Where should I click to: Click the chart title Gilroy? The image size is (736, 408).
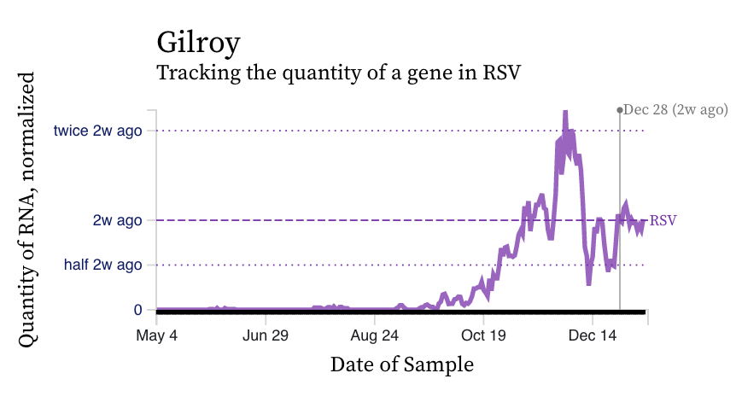(198, 42)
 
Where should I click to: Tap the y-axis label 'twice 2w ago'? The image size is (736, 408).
(97, 131)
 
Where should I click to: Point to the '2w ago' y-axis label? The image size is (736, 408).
(117, 220)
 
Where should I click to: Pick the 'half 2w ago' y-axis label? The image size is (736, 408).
(102, 265)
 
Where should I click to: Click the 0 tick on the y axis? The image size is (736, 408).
(137, 310)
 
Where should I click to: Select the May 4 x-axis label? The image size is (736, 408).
(157, 335)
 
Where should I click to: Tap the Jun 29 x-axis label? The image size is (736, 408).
(266, 335)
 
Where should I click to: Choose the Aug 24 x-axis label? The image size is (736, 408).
(375, 335)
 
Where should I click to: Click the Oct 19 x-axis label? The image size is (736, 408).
(483, 335)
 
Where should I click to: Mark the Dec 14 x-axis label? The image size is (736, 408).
(593, 335)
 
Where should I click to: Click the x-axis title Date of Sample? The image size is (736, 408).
(401, 364)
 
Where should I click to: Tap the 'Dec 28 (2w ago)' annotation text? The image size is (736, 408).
(675, 109)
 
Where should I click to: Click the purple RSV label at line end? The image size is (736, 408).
(663, 220)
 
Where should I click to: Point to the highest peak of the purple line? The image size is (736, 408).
(564, 112)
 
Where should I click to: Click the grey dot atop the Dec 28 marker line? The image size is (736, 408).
(620, 110)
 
